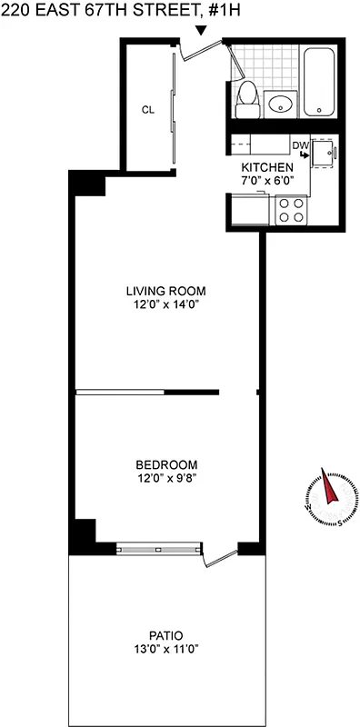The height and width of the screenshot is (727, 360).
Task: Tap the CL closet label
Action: point(146,109)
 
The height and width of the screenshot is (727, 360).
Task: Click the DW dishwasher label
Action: point(299,145)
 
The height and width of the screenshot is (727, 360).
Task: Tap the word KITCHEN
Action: point(266,168)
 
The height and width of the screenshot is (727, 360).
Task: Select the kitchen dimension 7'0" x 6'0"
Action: point(266,181)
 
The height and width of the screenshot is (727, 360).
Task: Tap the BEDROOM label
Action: point(165,462)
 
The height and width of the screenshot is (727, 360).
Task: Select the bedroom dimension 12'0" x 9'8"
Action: point(165,475)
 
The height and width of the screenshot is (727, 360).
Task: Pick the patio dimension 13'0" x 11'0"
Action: point(165,648)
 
